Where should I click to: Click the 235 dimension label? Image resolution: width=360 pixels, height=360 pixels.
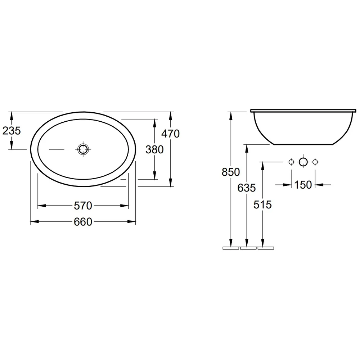(12, 131)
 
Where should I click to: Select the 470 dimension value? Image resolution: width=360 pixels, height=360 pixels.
(170, 134)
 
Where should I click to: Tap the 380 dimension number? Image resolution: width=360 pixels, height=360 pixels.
(154, 149)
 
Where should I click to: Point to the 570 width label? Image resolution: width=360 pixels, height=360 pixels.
(83, 206)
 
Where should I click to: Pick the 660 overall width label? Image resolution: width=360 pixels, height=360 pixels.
(83, 222)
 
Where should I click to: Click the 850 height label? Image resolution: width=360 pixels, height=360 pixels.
(231, 172)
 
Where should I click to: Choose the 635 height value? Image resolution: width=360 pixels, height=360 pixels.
(247, 188)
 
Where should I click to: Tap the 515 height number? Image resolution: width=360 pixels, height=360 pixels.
(262, 204)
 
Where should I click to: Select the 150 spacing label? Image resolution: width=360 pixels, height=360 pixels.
(303, 185)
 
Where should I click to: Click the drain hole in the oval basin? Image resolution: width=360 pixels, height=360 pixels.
(83, 149)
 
